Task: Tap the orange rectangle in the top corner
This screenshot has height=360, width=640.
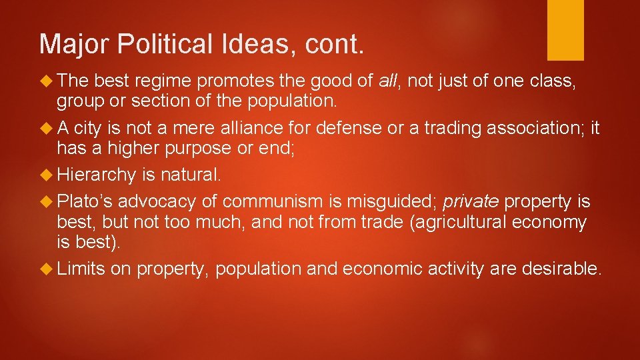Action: [565, 30]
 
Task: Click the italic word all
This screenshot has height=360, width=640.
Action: [387, 81]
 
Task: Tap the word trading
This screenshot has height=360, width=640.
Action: [455, 128]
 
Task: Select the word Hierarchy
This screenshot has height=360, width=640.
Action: [96, 175]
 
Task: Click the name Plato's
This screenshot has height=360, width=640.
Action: [85, 202]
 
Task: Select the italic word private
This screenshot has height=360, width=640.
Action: [471, 202]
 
